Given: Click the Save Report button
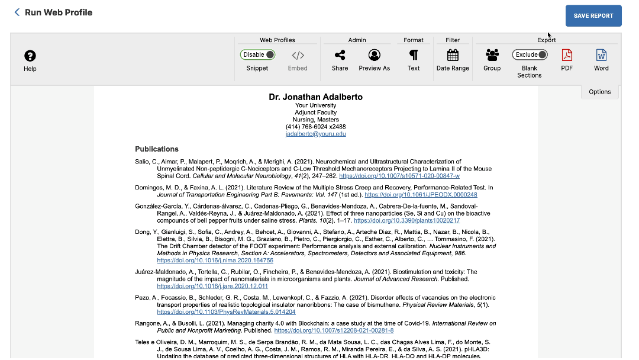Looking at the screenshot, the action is [x=593, y=16].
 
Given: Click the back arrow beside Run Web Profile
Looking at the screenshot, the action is [x=17, y=12].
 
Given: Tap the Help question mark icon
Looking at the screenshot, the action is [x=30, y=56].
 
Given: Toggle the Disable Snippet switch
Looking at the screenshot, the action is [x=257, y=54].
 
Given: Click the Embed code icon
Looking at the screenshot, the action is [x=298, y=56].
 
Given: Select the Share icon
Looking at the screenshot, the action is [x=340, y=55].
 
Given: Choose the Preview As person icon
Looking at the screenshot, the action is [x=374, y=55].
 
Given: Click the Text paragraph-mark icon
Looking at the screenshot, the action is [x=414, y=55].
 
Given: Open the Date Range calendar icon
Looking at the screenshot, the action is [x=453, y=55].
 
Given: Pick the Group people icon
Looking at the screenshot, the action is [x=492, y=55].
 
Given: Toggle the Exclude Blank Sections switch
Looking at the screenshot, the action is [x=530, y=54].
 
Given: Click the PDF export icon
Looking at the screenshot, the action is [x=567, y=55].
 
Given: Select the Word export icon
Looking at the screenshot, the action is [x=601, y=55].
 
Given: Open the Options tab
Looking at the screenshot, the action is [x=599, y=92].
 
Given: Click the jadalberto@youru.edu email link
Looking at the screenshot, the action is [x=315, y=134].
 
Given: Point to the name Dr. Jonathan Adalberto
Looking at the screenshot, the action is [x=315, y=97].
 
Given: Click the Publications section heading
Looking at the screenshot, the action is [x=157, y=149].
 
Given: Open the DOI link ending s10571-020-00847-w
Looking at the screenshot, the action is [x=399, y=176].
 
